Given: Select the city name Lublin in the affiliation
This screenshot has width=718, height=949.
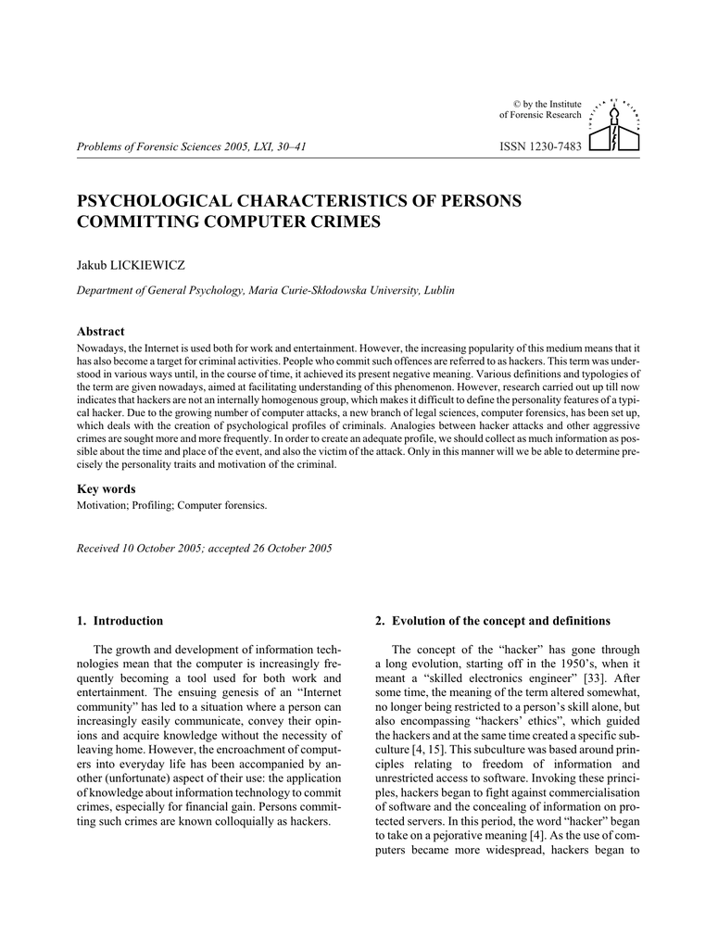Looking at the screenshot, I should pos(439,291).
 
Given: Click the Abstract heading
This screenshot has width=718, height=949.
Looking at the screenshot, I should pos(100,331).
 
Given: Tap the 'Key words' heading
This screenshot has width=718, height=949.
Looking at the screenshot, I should pos(106,488).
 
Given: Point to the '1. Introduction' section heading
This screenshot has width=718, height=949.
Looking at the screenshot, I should pos(120,620).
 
